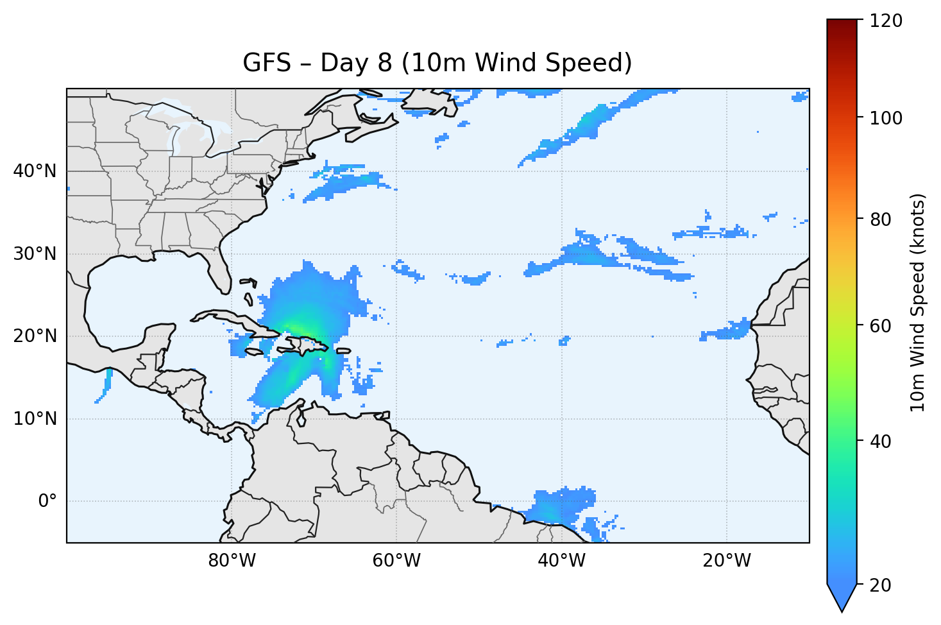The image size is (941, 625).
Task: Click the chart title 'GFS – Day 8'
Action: [x=437, y=63]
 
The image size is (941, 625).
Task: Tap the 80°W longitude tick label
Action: [x=232, y=561]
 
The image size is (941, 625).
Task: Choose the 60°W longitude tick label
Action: [x=396, y=561]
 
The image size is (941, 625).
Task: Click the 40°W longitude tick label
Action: [x=561, y=561]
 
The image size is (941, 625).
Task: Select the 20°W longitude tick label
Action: [x=726, y=561]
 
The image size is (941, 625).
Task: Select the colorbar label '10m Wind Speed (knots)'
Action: [x=918, y=302]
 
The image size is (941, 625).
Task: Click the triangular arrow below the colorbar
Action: [x=842, y=597]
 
